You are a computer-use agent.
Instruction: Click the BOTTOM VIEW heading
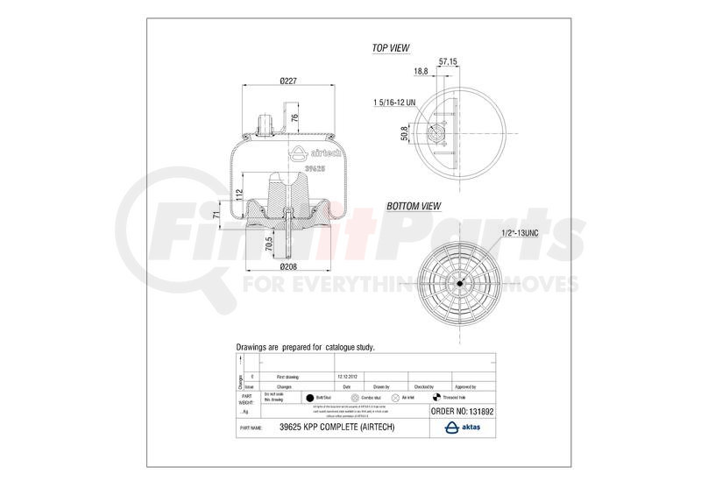click(x=413, y=207)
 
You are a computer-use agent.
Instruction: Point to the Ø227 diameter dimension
click(x=291, y=81)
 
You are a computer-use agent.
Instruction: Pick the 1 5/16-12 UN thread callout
click(x=394, y=103)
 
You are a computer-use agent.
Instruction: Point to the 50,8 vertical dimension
click(x=404, y=134)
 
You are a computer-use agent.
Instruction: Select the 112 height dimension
click(x=240, y=195)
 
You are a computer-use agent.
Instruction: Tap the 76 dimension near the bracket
click(x=295, y=118)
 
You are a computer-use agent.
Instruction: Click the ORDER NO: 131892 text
click(x=464, y=409)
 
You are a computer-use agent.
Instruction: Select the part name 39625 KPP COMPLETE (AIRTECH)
click(x=337, y=427)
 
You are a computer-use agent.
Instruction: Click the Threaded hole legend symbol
click(x=433, y=397)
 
